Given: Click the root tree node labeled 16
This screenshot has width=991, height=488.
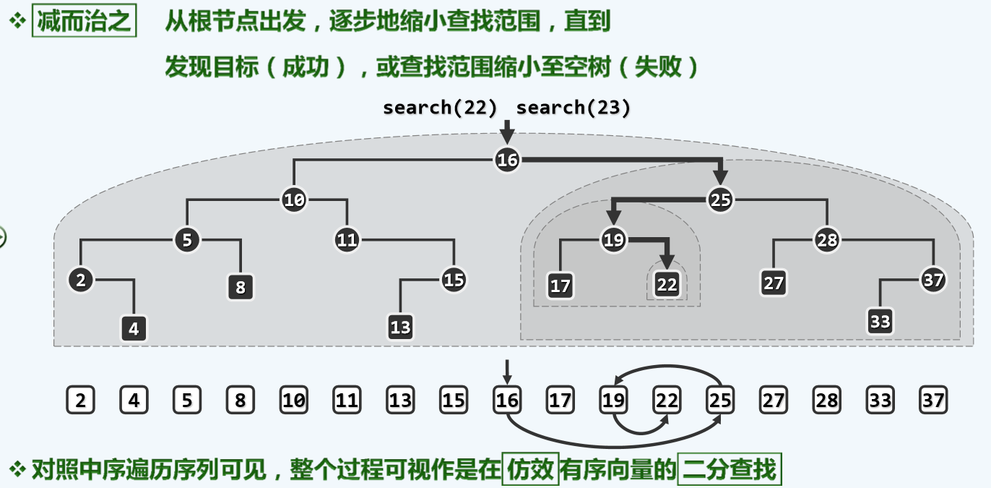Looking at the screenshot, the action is click(507, 160).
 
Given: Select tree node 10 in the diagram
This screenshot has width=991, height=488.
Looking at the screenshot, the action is click(294, 200).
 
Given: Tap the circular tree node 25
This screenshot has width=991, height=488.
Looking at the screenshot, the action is click(720, 200).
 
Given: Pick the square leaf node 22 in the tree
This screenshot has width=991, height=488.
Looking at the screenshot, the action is click(667, 284).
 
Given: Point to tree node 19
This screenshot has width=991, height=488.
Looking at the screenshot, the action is click(613, 240).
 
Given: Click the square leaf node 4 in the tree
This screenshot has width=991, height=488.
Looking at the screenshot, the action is click(134, 329).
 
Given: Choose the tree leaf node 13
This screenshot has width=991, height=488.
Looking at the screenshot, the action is click(400, 327).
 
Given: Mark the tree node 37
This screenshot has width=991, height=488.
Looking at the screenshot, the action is click(933, 280).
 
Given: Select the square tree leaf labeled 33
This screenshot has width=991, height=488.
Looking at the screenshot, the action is click(880, 320).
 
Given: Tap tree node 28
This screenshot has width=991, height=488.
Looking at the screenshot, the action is click(826, 239).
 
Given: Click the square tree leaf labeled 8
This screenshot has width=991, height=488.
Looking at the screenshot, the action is click(241, 287).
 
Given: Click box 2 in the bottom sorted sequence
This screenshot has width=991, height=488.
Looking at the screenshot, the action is click(80, 400).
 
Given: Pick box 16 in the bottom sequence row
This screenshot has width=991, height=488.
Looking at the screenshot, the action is click(507, 400).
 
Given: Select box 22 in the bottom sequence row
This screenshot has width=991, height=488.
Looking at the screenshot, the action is click(667, 400).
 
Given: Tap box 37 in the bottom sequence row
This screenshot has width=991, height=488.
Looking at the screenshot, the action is click(933, 400).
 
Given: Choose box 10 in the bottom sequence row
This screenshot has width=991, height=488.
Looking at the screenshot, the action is click(294, 400).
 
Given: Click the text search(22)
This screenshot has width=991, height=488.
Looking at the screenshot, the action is click(440, 108).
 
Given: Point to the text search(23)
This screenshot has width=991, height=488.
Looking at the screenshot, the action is click(574, 108).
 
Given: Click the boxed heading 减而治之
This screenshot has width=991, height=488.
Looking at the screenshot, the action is click(84, 22).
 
